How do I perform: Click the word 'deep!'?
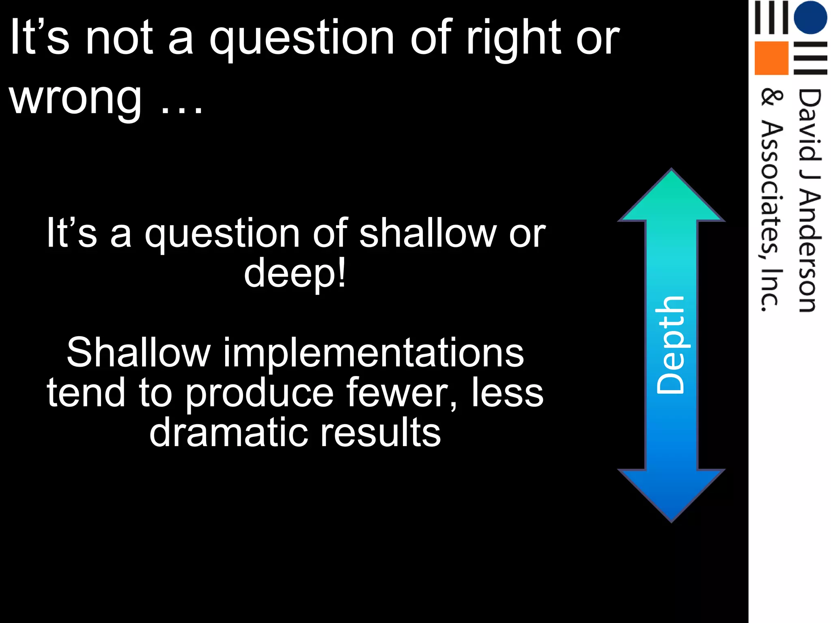point(295,273)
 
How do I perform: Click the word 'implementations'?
point(373,352)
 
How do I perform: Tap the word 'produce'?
point(260,392)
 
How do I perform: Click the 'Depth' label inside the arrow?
point(670,345)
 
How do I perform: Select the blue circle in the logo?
point(810,17)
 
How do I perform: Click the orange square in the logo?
point(771,58)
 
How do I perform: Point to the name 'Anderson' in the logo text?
point(809,251)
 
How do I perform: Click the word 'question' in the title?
point(302,39)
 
